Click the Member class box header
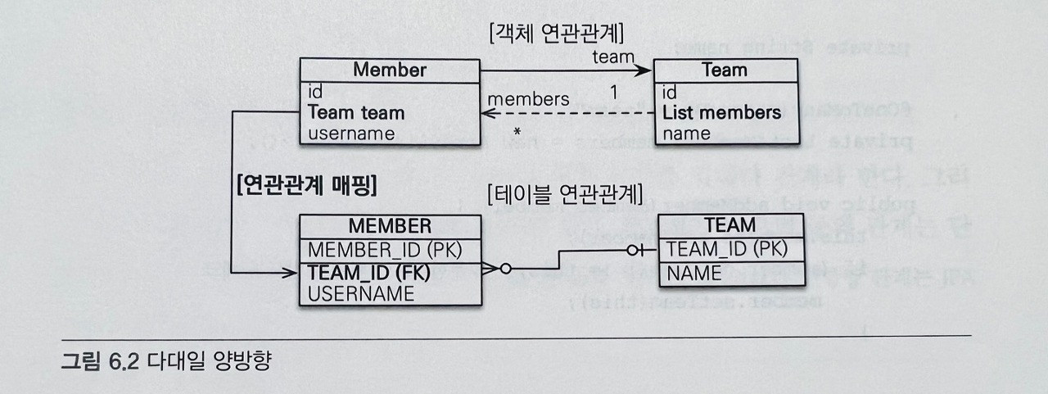point(389,70)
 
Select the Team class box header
point(725,70)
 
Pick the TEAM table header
point(730,225)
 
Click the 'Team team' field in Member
point(356,112)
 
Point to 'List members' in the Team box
point(721,112)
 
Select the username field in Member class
point(351,133)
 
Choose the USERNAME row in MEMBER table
point(361,292)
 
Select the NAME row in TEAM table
point(694,273)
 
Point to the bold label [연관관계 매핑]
point(305,186)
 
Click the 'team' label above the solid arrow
point(613,57)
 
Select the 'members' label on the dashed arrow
point(528,99)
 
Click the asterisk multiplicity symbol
point(517,132)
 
